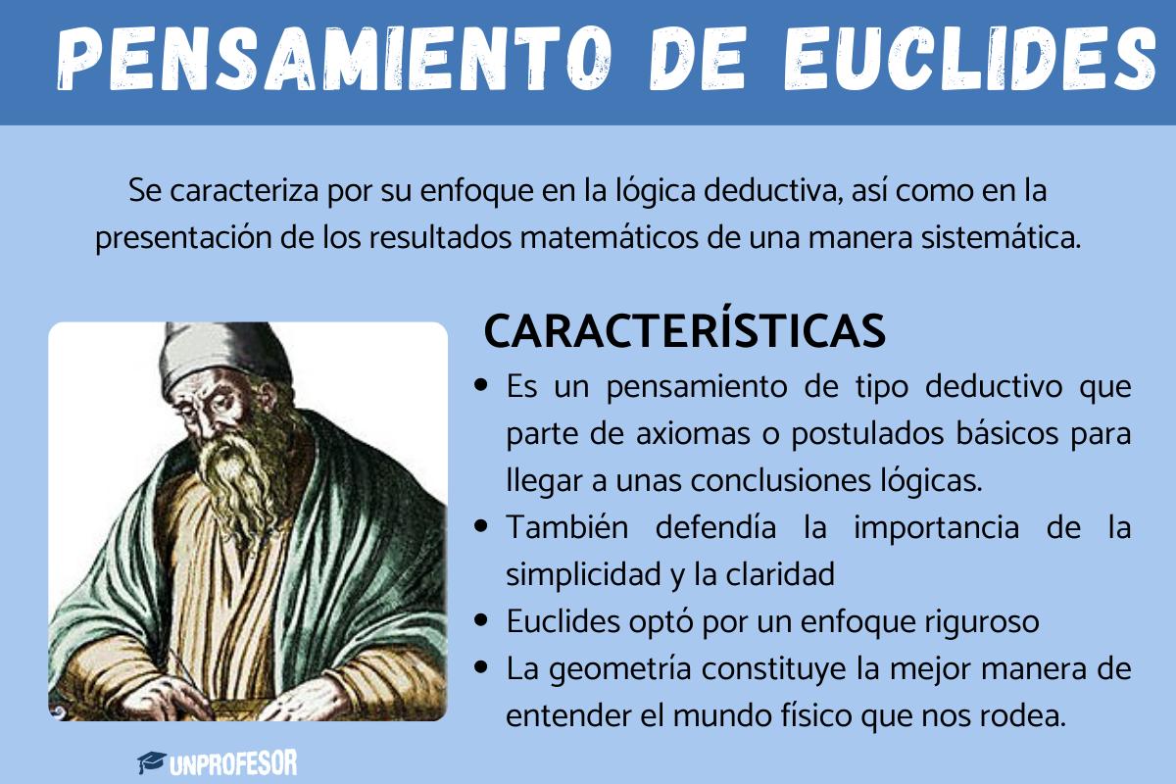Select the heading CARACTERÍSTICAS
click(684, 332)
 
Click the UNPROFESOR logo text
click(232, 762)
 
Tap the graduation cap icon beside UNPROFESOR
click(150, 762)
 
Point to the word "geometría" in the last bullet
click(651, 669)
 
